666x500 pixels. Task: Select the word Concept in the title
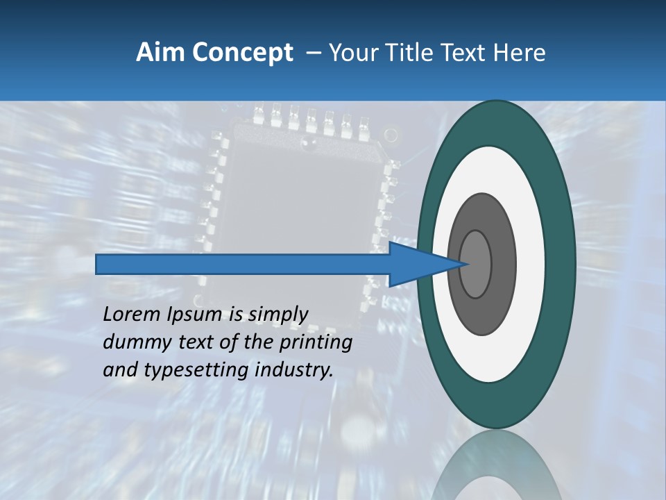tap(243, 53)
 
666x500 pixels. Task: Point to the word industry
tap(294, 371)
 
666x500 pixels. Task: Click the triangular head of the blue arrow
tap(416, 265)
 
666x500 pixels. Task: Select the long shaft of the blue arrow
tap(243, 265)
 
